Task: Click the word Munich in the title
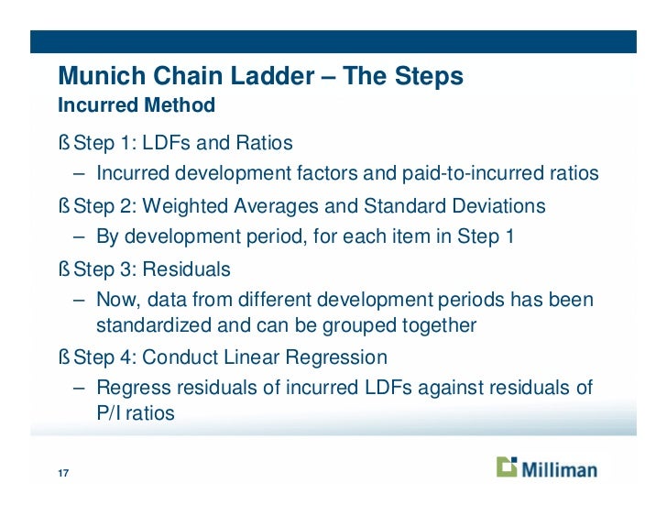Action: [98, 76]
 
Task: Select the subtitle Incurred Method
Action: [137, 105]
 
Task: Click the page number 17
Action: [63, 474]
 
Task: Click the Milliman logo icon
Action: [507, 467]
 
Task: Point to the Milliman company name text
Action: [559, 469]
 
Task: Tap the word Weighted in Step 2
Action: [177, 206]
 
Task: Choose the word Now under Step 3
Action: [117, 300]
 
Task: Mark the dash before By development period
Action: [80, 236]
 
